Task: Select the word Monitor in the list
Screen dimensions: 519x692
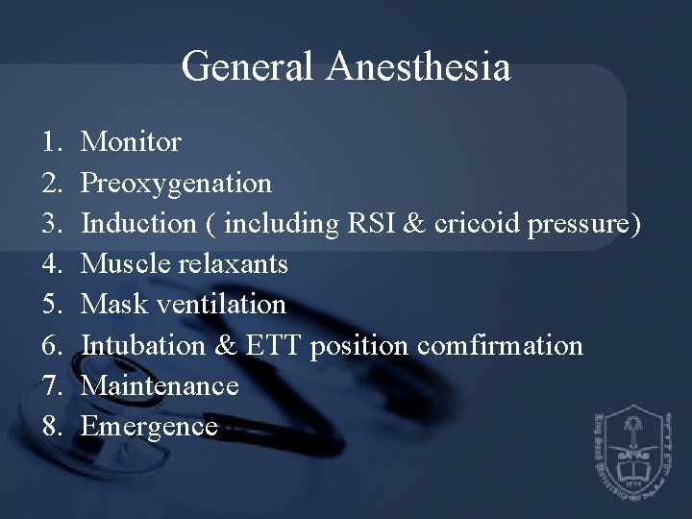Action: pyautogui.click(x=131, y=143)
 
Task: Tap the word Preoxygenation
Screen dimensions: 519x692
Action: pyautogui.click(x=177, y=183)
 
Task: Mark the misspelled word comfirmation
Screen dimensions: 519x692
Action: pyautogui.click(x=499, y=344)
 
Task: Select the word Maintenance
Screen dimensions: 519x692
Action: pyautogui.click(x=160, y=384)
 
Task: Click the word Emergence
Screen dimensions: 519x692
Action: pyautogui.click(x=150, y=426)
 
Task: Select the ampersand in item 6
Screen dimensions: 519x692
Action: pyautogui.click(x=227, y=344)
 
